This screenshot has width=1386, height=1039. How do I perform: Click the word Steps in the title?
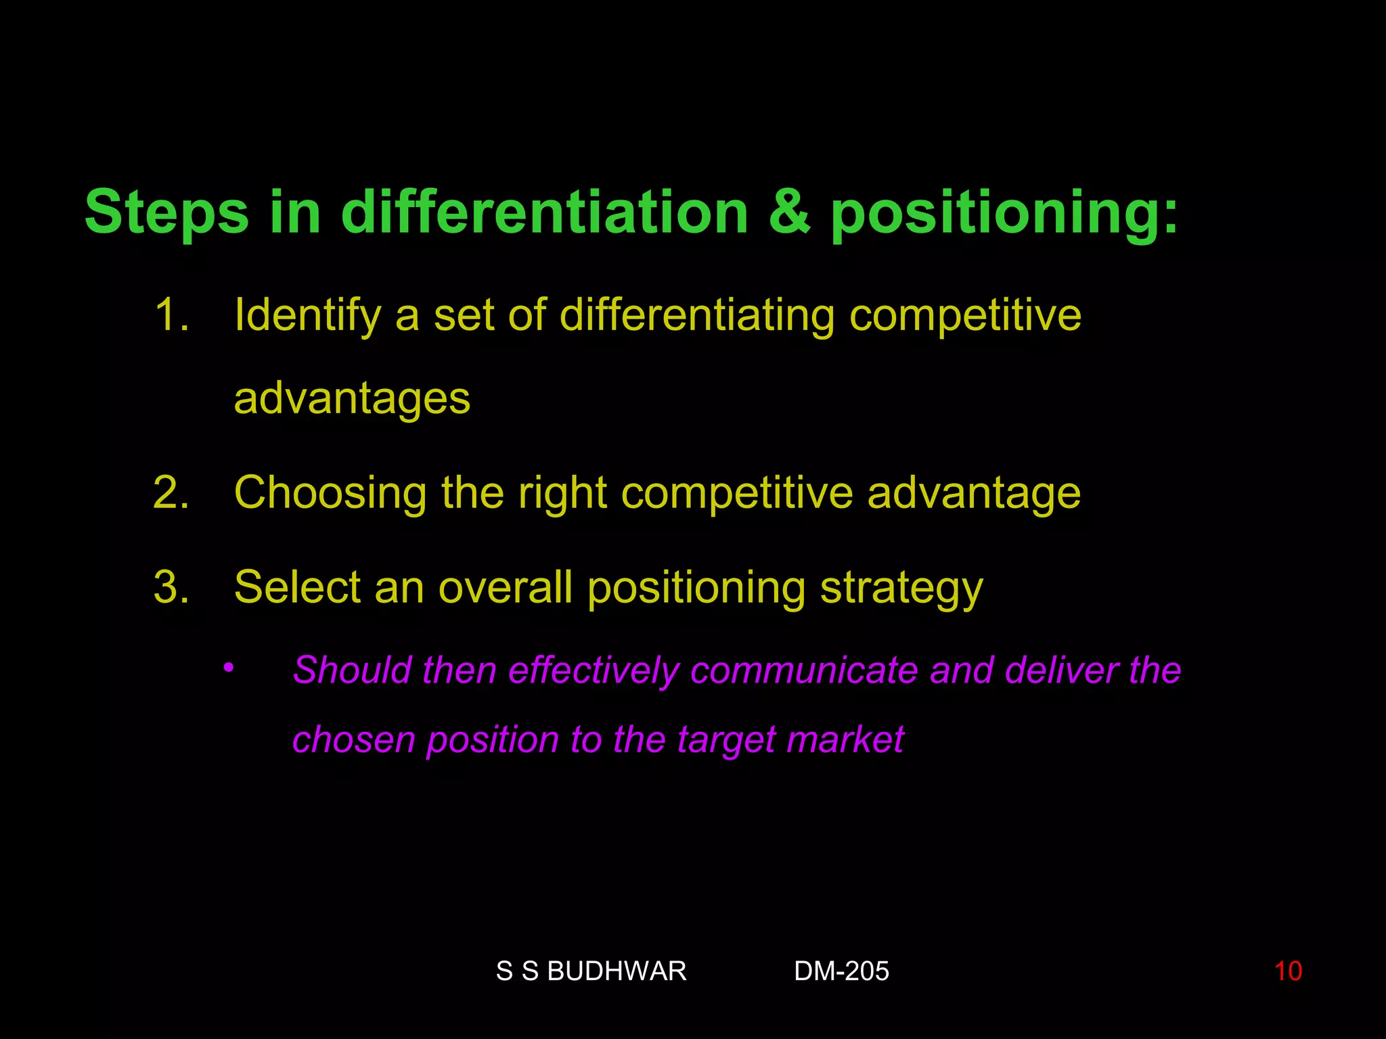tap(166, 212)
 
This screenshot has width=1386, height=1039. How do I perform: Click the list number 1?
tap(171, 315)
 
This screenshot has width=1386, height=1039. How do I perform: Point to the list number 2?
tap(171, 492)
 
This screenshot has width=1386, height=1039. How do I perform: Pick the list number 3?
tap(171, 587)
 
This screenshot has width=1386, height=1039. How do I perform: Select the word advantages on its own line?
tap(352, 399)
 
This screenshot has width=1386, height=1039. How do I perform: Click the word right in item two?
tap(562, 494)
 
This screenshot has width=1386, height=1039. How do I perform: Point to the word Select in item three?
tap(296, 587)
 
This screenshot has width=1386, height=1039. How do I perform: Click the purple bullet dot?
tap(229, 668)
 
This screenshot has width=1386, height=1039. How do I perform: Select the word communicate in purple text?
tap(804, 670)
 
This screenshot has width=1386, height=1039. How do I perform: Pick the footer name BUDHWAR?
tap(616, 971)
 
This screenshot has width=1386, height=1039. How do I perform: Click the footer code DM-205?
tap(841, 971)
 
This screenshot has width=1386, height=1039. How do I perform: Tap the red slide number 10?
tap(1288, 971)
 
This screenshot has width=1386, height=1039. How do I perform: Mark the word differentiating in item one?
tap(697, 317)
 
